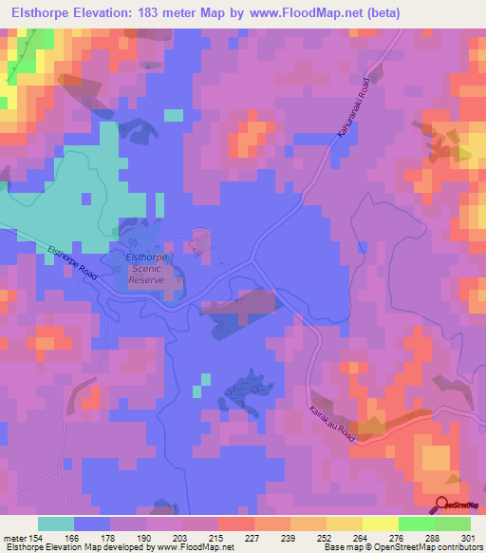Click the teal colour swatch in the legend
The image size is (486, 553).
(55, 524)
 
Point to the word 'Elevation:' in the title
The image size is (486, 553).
(105, 13)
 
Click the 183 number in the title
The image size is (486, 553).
(155, 13)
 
